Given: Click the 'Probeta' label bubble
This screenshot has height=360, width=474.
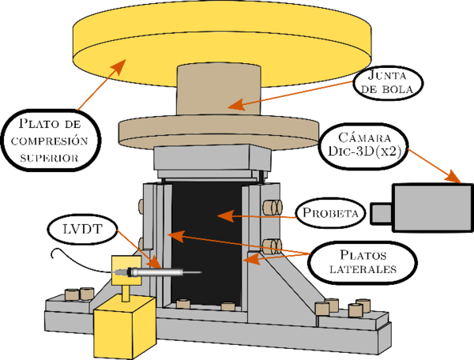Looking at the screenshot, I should click(x=331, y=213).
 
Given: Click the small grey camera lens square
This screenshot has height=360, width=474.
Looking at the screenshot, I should click(x=382, y=213).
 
